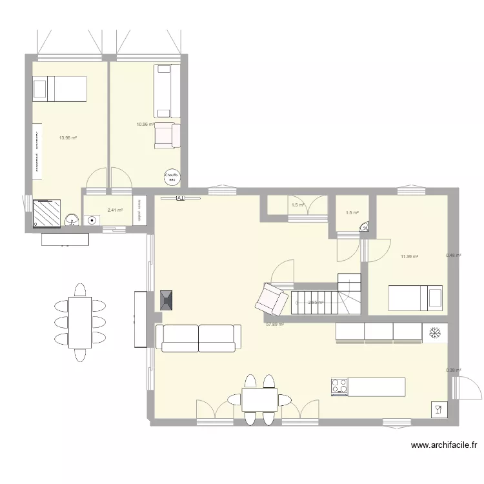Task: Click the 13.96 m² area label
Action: (68, 137)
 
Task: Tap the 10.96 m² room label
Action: (145, 124)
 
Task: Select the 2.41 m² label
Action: (115, 210)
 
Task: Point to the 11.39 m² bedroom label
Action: (409, 257)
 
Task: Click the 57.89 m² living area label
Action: (275, 325)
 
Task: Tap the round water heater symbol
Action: (171, 176)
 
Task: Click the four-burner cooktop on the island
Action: (339, 387)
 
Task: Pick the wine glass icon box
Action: (438, 409)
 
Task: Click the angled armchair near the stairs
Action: (270, 298)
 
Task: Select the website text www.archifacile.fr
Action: (443, 445)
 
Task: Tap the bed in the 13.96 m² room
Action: (59, 88)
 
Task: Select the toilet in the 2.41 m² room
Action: (94, 219)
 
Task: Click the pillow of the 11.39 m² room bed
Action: (436, 298)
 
